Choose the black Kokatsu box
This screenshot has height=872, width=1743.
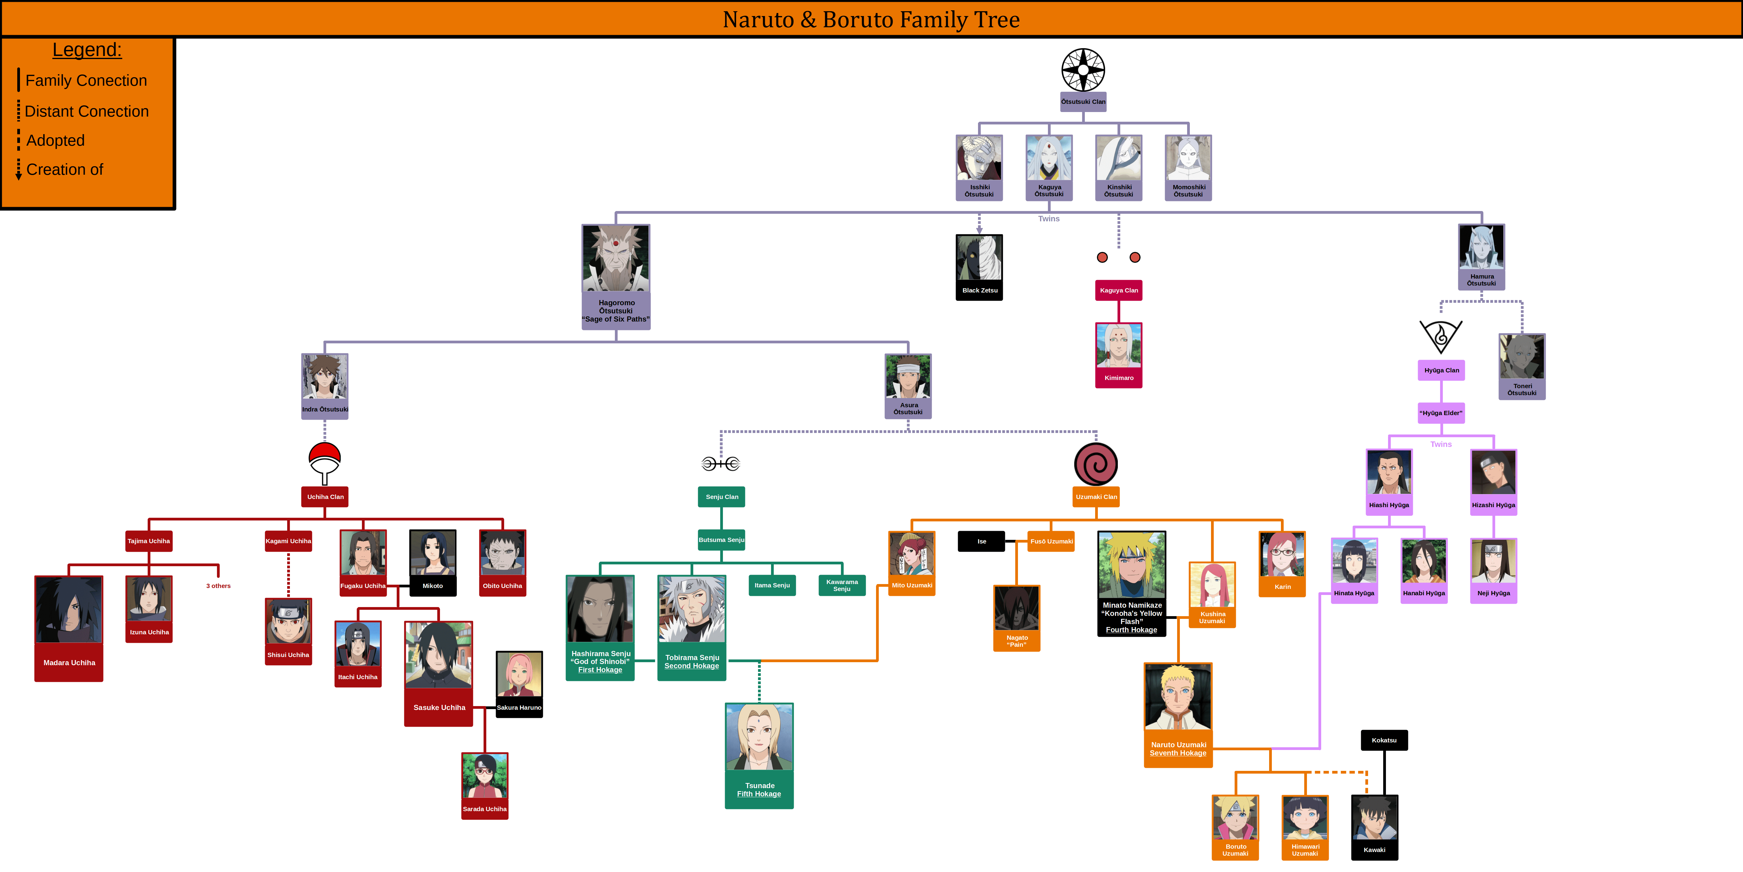tap(1384, 740)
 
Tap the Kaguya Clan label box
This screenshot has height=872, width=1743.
tap(1118, 290)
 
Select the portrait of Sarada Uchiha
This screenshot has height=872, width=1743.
tap(484, 776)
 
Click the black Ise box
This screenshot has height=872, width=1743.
tap(981, 542)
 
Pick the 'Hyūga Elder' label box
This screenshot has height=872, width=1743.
tap(1441, 413)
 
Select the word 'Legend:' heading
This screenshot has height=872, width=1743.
tap(87, 50)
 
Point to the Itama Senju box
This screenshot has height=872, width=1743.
tap(772, 586)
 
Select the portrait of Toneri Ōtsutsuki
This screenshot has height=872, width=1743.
tap(1522, 357)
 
